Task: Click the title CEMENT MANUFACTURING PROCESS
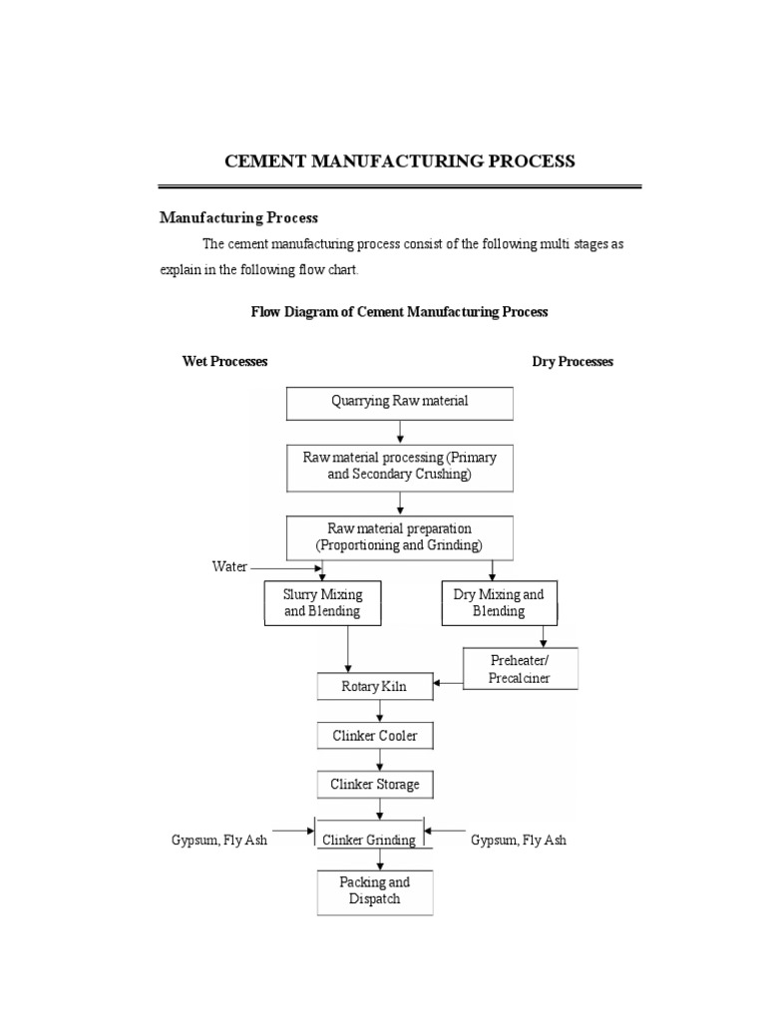[399, 161]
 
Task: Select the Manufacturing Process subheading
[238, 217]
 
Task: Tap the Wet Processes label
[224, 362]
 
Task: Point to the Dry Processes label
[573, 362]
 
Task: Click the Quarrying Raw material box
[400, 403]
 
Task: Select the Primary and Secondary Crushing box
[400, 467]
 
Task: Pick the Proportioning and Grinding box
[400, 537]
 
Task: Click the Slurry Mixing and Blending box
[322, 603]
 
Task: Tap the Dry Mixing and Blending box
[499, 603]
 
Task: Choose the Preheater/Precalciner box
[520, 669]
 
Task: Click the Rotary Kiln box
[376, 687]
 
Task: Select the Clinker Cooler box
[375, 736]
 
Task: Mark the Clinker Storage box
[375, 785]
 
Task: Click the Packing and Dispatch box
[375, 891]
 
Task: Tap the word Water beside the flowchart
[229, 566]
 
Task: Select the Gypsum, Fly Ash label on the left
[219, 841]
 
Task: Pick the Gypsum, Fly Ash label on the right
[519, 841]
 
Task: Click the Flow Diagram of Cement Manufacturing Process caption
[399, 312]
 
